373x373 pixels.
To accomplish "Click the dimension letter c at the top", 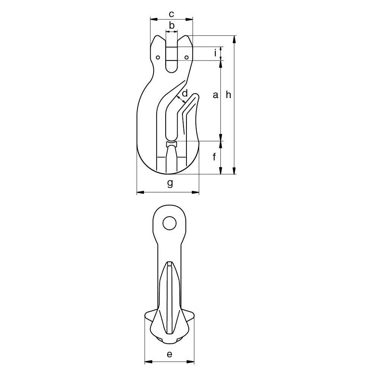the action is click(x=171, y=14).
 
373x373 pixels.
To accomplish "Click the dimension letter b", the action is click(x=172, y=25).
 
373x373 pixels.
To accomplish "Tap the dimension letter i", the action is click(x=215, y=53).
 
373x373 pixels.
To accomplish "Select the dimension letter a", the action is click(x=215, y=95).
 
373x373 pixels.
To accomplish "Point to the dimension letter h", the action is click(x=228, y=94).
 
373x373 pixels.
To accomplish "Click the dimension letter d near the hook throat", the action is click(x=185, y=93).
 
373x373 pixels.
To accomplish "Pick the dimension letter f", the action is click(x=214, y=157).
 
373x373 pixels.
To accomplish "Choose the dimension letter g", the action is click(x=170, y=184).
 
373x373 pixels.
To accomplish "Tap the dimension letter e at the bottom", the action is click(x=169, y=354).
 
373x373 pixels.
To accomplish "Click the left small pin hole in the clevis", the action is click(x=157, y=57).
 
